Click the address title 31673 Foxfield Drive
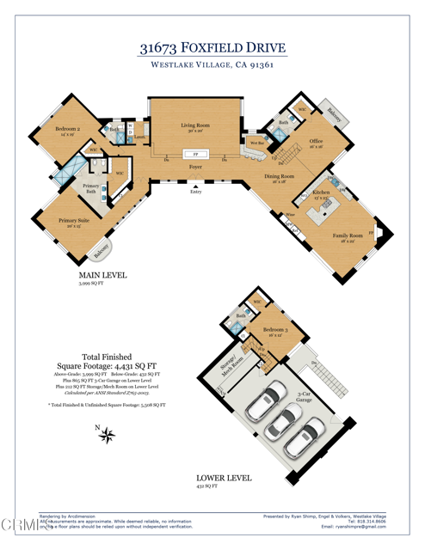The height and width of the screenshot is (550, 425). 212,49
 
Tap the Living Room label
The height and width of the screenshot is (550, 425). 195,126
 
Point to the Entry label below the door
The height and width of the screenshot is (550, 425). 196,192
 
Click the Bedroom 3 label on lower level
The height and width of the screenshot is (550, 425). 275,331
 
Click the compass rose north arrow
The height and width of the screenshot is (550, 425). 108,436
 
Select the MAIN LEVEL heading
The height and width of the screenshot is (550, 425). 102,275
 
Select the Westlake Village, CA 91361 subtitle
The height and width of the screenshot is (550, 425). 212,66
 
